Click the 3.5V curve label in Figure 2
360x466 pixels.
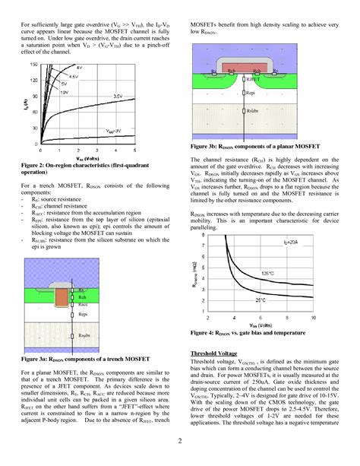116,96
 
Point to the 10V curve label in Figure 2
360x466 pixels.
63,92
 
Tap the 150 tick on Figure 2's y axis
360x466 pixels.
32,65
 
